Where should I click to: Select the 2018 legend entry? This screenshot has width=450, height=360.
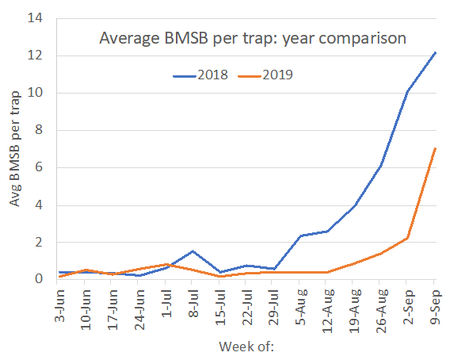(201, 75)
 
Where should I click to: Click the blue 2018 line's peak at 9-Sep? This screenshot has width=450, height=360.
(434, 52)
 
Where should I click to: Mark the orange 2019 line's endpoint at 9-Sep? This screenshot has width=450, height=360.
(434, 148)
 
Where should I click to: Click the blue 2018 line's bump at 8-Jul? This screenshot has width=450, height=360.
(193, 251)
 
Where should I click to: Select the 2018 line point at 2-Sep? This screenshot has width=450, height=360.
(407, 91)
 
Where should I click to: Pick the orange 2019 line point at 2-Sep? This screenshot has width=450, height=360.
(407, 237)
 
